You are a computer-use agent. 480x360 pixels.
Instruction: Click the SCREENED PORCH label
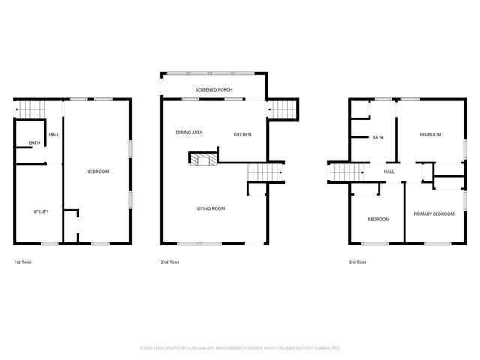[214, 89]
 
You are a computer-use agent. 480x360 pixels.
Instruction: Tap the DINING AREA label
[190, 133]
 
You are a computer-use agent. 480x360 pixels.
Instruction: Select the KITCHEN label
[242, 134]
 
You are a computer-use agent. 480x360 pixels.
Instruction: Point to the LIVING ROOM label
[211, 208]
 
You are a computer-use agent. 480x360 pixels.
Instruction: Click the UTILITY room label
[40, 211]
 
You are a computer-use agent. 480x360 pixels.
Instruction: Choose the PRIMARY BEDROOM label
[433, 214]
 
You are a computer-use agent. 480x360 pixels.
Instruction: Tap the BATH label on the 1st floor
[34, 142]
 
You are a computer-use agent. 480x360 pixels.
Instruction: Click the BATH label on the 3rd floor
[378, 137]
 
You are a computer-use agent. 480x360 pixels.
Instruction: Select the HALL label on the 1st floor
[54, 134]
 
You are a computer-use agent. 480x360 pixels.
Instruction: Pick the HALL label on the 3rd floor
[389, 172]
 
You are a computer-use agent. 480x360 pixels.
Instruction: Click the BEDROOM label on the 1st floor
[98, 172]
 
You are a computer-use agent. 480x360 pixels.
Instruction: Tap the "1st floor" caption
[22, 262]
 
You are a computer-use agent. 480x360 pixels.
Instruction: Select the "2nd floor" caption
[169, 262]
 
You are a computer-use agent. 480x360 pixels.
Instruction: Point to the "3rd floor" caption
[358, 262]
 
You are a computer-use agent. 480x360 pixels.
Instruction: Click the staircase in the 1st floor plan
[29, 109]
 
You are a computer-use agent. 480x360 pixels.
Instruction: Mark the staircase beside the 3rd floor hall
[346, 173]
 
